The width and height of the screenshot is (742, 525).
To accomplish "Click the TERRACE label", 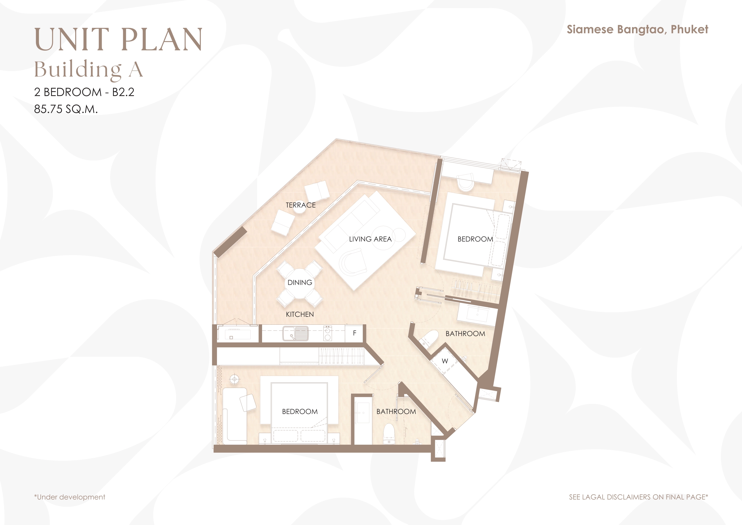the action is [301, 205].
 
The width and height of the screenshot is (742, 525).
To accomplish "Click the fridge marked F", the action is [355, 333].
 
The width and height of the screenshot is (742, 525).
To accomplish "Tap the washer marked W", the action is [445, 361].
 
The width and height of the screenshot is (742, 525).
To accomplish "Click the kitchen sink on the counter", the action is [295, 333].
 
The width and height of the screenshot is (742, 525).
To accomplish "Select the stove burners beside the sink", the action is [328, 333].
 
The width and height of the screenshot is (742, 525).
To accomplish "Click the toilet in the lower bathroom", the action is [389, 434].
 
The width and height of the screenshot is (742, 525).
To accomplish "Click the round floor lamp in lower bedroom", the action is [234, 379].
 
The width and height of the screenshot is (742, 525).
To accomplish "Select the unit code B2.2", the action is [123, 92].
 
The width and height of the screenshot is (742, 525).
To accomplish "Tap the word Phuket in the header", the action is [689, 29].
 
